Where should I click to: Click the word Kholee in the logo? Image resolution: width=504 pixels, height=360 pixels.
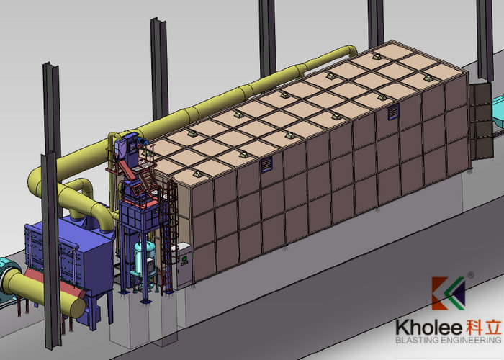click(x=429, y=327)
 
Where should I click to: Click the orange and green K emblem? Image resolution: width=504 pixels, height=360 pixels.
click(x=448, y=293)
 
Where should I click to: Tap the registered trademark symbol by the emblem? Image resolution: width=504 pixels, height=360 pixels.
click(x=470, y=275)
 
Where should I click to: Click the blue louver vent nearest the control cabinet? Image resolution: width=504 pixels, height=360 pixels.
click(x=266, y=164)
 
